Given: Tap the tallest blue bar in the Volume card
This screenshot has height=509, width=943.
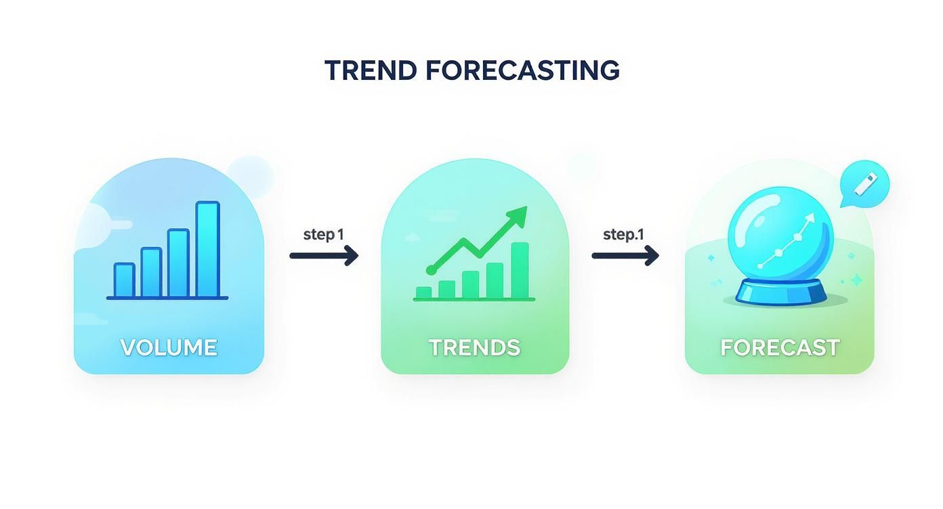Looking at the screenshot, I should click(208, 249).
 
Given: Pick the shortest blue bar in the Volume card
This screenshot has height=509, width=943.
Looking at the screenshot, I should click(125, 280).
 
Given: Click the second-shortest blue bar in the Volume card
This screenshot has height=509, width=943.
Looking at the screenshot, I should click(151, 272).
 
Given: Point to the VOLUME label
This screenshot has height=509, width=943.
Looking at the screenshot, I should click(169, 347).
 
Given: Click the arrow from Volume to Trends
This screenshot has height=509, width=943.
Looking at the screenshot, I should click(324, 255).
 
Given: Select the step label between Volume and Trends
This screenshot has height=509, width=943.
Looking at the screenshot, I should click(323, 234).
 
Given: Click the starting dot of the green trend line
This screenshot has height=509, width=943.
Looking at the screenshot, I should click(431, 270).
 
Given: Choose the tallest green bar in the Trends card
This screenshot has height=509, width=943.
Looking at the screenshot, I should click(520, 270).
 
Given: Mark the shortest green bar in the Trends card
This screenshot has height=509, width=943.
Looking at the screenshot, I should click(423, 292).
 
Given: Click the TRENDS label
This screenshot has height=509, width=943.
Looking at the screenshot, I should click(474, 347).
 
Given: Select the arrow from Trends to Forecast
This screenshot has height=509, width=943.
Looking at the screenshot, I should click(625, 255).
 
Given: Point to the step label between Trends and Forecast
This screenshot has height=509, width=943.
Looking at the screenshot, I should click(623, 234).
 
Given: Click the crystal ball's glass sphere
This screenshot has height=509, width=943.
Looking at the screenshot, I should click(780, 237).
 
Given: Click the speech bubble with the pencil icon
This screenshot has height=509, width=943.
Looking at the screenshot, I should click(864, 183).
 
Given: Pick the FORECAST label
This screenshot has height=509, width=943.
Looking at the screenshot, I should click(780, 347).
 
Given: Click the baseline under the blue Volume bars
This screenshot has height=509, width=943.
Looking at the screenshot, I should click(167, 298).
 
